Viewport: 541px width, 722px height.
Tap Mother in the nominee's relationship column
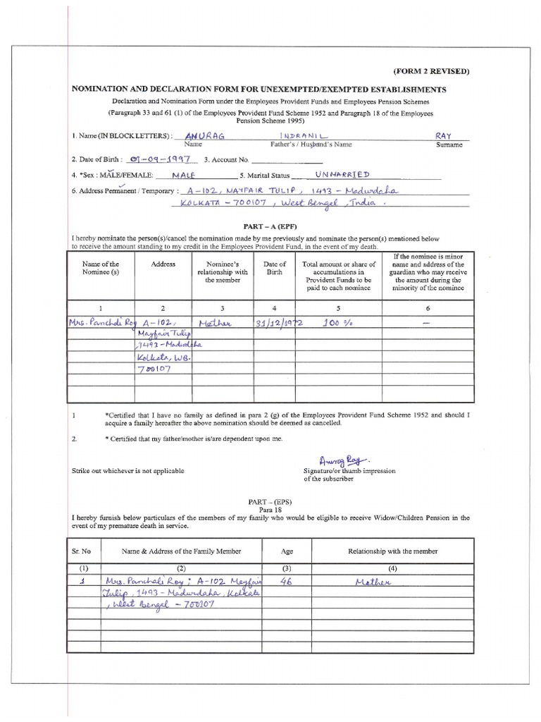click(213, 322)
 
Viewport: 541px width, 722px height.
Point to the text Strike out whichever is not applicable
click(128, 470)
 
